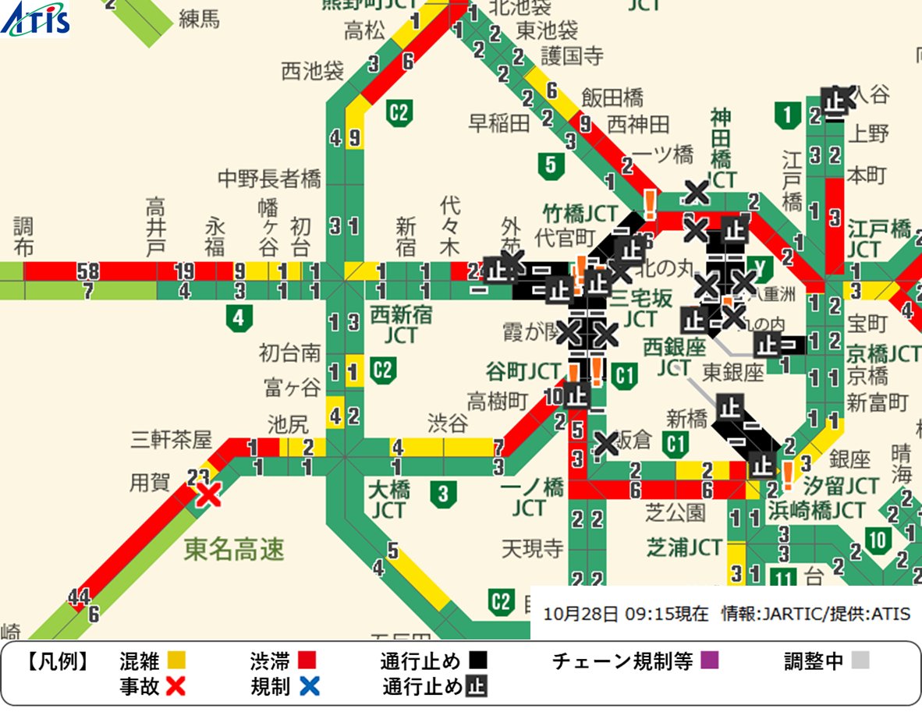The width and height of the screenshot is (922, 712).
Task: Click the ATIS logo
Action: [x=35, y=19]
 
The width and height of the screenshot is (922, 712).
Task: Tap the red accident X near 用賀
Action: [x=207, y=494]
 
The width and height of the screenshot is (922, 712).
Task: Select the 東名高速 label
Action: [x=234, y=550]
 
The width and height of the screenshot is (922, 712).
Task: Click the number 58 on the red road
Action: [x=87, y=271]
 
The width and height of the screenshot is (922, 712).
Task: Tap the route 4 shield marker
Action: [x=239, y=317]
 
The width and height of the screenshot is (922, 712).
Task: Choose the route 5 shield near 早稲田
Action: [x=551, y=165]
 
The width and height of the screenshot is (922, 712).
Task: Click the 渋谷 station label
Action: [x=448, y=422]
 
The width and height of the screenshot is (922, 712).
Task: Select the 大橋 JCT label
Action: [x=388, y=501]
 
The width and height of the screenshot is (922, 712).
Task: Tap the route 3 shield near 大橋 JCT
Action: [x=443, y=493]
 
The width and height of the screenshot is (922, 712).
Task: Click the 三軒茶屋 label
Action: [x=171, y=440]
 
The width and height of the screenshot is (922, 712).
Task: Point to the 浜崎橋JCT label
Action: [x=816, y=511]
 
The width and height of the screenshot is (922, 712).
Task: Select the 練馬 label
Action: [x=200, y=19]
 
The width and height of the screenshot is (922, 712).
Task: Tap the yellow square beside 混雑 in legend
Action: [x=176, y=662]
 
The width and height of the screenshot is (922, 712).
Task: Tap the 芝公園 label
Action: [x=676, y=512]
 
